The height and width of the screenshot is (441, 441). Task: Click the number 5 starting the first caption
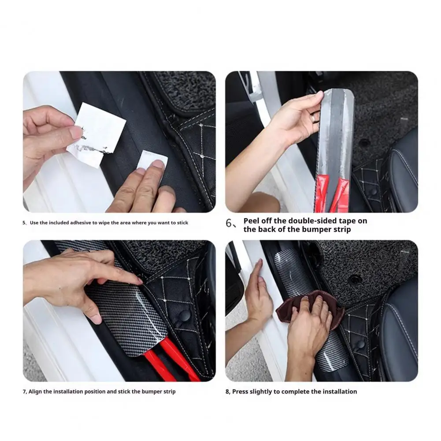pos(24,223)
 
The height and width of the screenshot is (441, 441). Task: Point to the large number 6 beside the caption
pos(230,223)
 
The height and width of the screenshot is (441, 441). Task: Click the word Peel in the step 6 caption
pos(252,221)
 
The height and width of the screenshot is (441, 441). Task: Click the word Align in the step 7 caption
pos(37,392)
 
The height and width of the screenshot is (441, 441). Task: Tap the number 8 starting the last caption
pos(228,392)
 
